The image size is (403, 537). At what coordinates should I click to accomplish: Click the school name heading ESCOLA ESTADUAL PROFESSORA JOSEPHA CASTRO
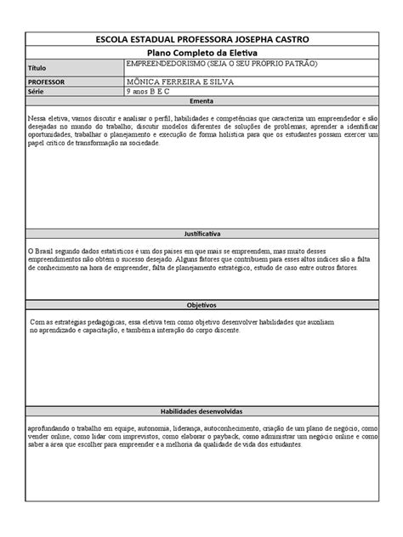201,40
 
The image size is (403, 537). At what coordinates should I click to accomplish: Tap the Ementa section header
201,100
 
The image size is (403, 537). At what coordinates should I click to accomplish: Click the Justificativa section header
201,231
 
